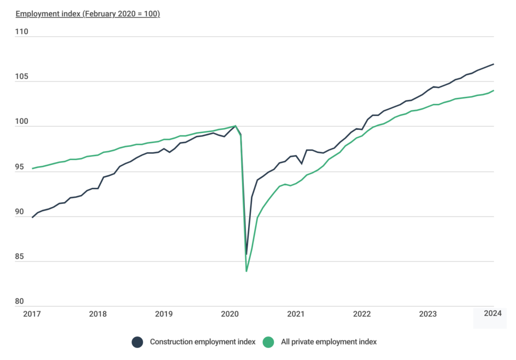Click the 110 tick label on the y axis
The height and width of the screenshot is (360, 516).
coord(22,32)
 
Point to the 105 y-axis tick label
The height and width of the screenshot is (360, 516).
coord(22,77)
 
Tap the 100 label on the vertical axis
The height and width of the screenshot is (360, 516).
coord(22,122)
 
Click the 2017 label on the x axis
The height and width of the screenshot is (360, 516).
coord(32,314)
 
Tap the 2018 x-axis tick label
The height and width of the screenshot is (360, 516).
coord(98,314)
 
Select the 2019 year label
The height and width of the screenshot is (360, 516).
coord(164,314)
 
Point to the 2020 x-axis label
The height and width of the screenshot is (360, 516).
coord(230,314)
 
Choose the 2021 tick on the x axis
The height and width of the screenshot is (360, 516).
coord(296,314)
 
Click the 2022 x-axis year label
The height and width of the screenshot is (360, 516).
coord(362,314)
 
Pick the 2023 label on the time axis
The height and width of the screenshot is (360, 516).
coord(428,314)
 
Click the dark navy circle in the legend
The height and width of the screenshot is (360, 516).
coord(137,342)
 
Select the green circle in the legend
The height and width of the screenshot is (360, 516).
coord(269,342)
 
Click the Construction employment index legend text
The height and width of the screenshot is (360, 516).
coord(203,342)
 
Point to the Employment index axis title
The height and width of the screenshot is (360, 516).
coord(88,14)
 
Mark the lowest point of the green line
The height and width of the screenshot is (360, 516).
coord(246,271)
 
